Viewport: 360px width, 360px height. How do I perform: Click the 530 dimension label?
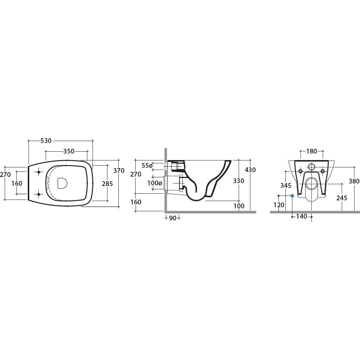(x=46, y=140)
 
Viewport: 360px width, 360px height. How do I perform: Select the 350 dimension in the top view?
(x=69, y=151)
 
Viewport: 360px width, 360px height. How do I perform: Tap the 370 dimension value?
(x=119, y=170)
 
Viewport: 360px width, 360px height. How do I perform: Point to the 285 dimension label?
(x=107, y=184)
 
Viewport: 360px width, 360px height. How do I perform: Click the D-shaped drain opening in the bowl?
(x=62, y=183)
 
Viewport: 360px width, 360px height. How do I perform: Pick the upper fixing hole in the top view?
(x=39, y=172)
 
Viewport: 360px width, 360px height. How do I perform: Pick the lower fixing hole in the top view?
(x=39, y=194)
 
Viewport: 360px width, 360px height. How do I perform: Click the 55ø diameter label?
(x=147, y=165)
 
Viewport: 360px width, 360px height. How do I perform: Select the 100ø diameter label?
(x=155, y=183)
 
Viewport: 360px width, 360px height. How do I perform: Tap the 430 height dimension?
(x=250, y=170)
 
